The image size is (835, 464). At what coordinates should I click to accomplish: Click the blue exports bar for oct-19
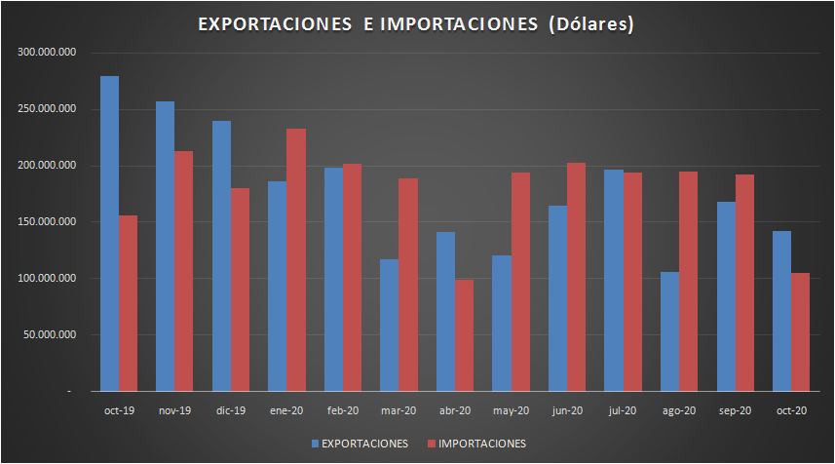click(109, 234)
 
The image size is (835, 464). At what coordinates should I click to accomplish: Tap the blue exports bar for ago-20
click(669, 331)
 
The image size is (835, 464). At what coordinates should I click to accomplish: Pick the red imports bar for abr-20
click(464, 335)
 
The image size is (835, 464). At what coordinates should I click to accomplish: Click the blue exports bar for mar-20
click(389, 326)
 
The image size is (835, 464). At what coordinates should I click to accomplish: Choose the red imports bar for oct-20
click(800, 332)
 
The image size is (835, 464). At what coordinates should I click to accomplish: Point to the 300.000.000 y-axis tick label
click(47, 53)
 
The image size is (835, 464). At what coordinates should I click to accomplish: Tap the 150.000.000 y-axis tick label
click(47, 222)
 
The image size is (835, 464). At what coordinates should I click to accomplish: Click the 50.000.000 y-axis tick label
click(50, 335)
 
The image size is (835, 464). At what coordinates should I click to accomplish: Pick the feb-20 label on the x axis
click(342, 410)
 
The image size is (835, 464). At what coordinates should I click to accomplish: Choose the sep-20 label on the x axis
click(735, 410)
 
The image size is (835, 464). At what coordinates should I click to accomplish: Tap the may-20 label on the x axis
click(511, 410)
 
